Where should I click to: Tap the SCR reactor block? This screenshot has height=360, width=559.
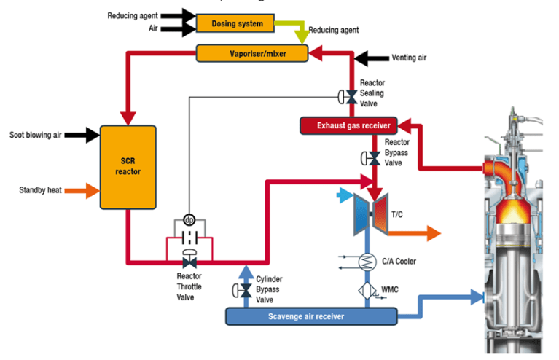(x=128, y=166)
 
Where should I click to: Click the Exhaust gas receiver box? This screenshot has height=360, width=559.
(x=347, y=125)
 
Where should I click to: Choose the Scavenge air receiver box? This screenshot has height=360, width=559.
(x=310, y=316)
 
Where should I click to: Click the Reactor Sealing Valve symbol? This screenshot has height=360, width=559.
(x=350, y=96)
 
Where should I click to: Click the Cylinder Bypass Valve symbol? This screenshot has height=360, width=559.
(x=244, y=291)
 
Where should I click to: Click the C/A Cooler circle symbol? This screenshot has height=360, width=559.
(x=368, y=261)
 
